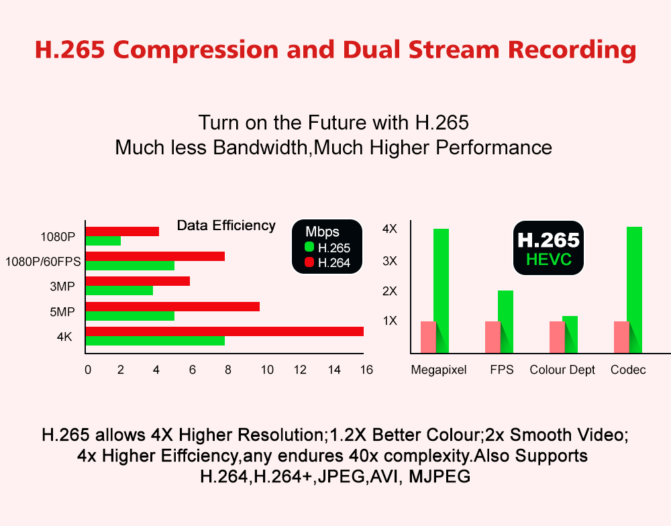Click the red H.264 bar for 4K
225,331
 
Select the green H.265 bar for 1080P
103,241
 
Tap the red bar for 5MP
172,307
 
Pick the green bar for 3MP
119,291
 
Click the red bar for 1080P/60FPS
155,256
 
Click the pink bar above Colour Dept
557,336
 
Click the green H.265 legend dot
309,248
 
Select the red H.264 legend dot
309,262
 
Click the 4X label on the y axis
390,229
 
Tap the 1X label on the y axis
390,321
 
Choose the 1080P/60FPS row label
43,262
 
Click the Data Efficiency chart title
226,225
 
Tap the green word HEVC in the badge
549,260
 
